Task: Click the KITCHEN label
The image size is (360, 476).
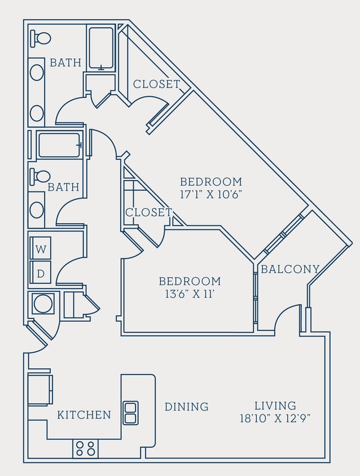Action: click(x=84, y=415)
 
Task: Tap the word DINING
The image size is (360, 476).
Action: click(x=186, y=407)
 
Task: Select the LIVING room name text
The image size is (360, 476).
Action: click(x=275, y=405)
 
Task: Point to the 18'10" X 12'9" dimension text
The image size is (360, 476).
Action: click(x=275, y=418)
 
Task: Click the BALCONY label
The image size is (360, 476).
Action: click(x=290, y=269)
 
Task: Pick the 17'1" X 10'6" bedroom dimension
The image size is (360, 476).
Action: click(x=211, y=194)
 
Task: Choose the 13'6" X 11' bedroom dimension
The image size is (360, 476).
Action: click(x=189, y=294)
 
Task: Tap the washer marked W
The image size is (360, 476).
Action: click(x=40, y=248)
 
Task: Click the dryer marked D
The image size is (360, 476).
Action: click(x=40, y=273)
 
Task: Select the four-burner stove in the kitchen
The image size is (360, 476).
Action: click(x=85, y=448)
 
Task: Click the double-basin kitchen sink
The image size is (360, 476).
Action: click(x=130, y=413)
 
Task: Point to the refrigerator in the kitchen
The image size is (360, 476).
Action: click(x=39, y=390)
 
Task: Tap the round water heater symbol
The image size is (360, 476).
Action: click(x=43, y=304)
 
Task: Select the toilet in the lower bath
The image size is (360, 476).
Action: click(x=41, y=176)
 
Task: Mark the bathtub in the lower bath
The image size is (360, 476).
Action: click(x=59, y=145)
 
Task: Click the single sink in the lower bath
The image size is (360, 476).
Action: click(x=37, y=210)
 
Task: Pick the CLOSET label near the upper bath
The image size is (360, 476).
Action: click(x=156, y=84)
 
